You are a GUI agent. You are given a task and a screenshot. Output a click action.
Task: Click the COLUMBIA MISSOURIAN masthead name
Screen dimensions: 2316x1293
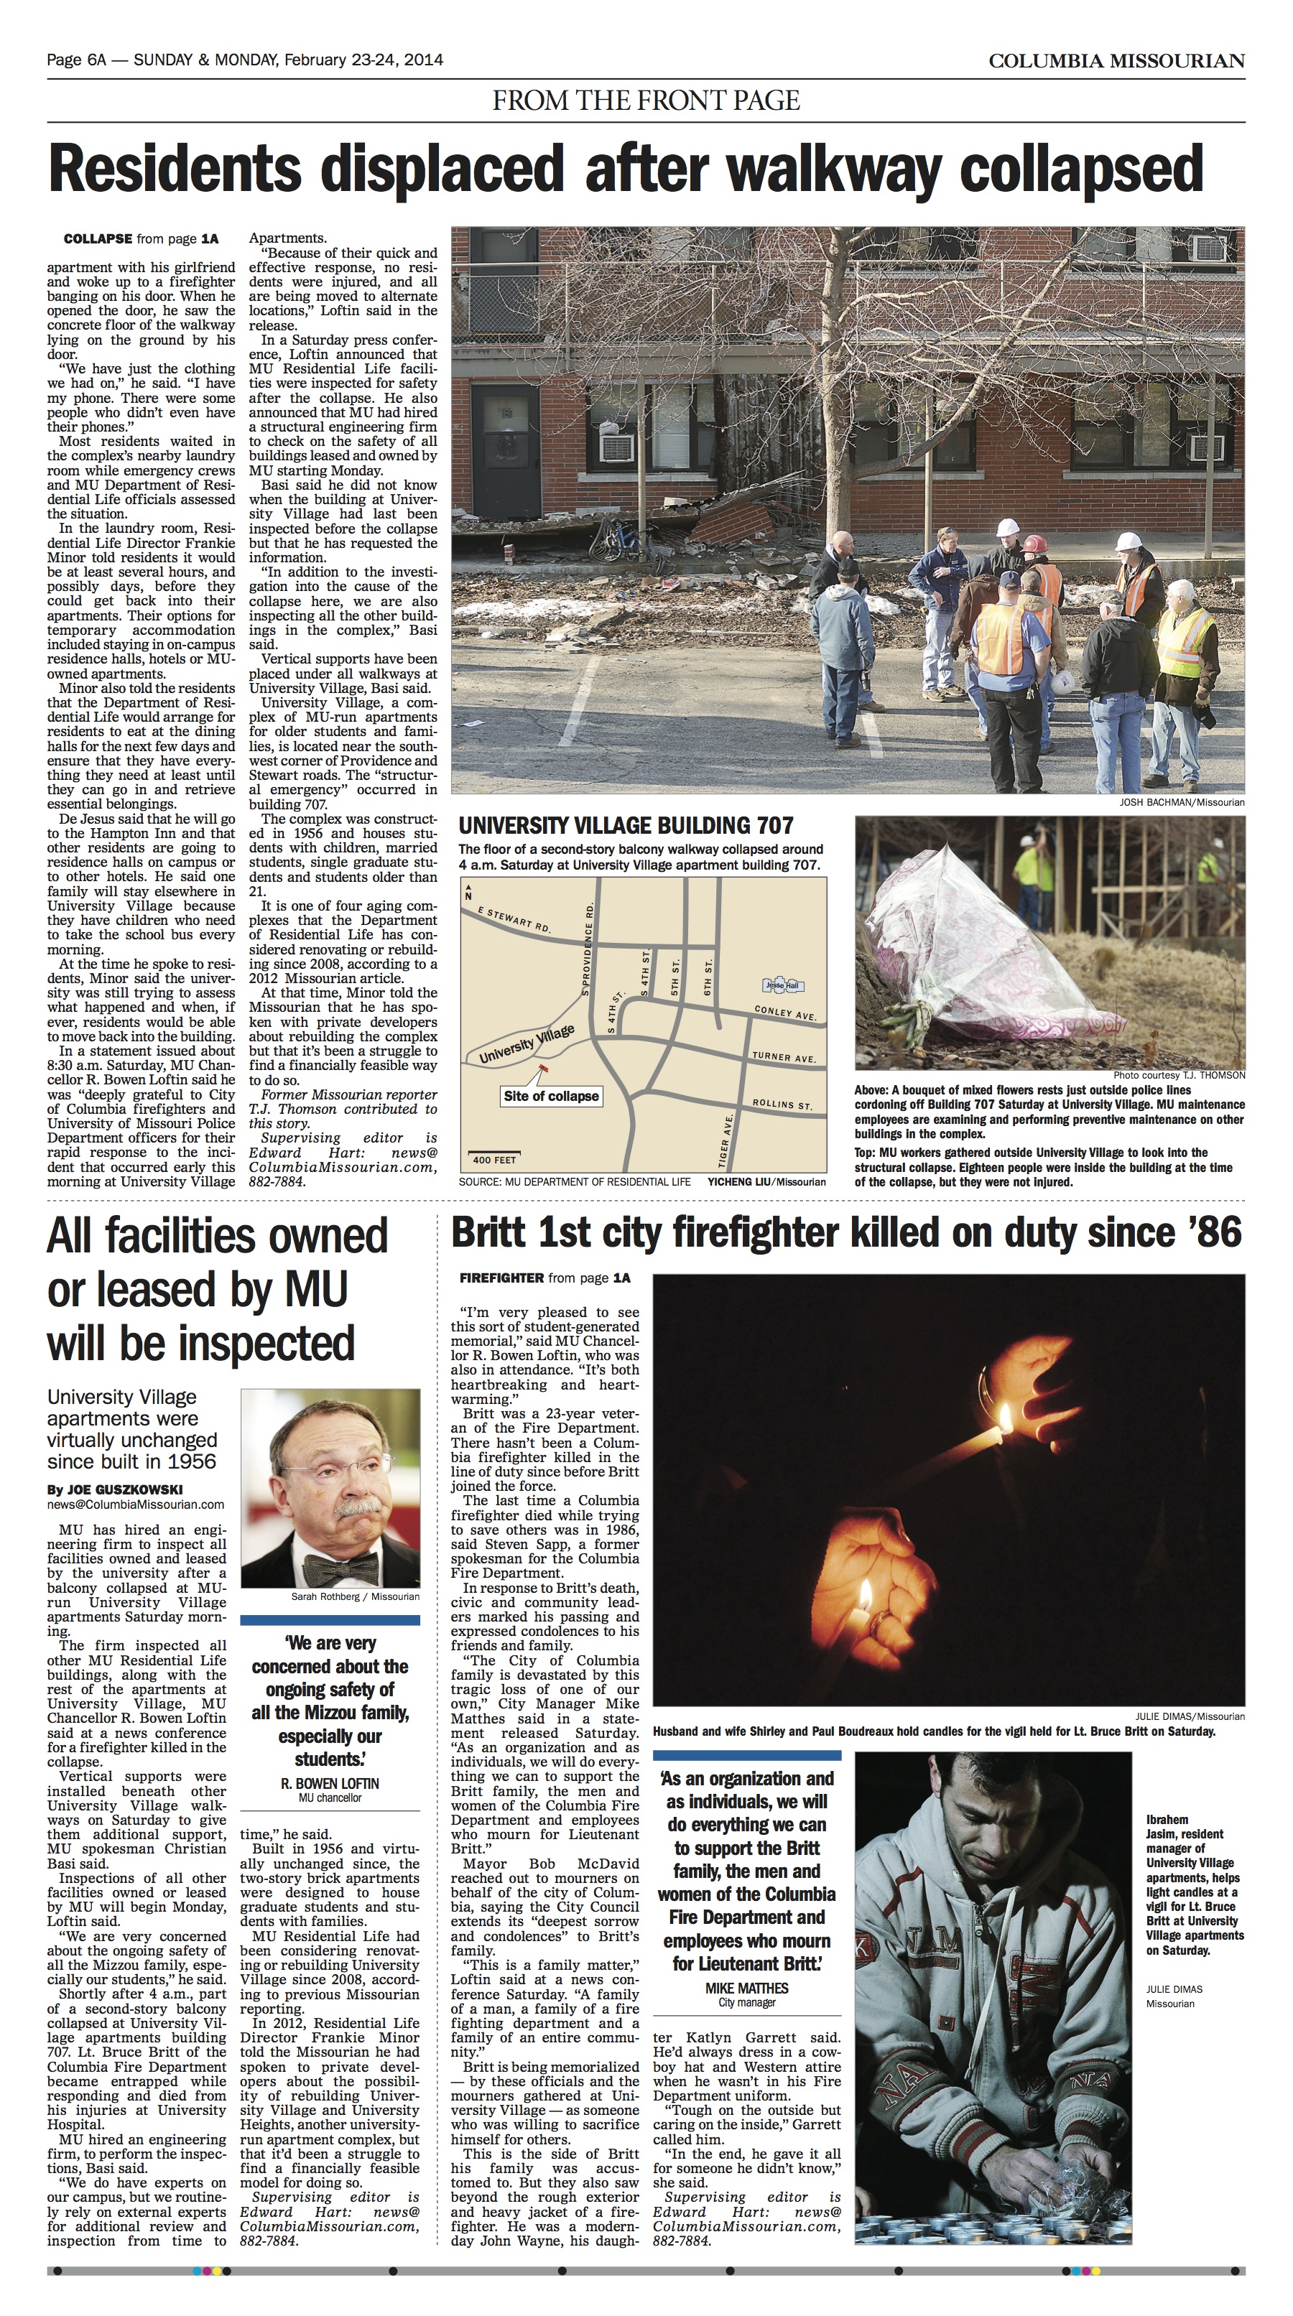(1116, 61)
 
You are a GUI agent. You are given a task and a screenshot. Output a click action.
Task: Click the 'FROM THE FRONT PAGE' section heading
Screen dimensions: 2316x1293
(646, 100)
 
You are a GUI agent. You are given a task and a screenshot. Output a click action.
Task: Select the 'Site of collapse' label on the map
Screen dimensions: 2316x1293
(550, 1096)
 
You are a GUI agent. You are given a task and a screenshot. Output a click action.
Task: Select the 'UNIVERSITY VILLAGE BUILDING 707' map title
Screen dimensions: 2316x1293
(626, 825)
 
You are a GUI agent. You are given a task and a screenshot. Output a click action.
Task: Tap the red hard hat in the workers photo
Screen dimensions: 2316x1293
(1035, 544)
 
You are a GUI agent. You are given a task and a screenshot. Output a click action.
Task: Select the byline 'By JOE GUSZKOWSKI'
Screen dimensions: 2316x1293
(114, 1489)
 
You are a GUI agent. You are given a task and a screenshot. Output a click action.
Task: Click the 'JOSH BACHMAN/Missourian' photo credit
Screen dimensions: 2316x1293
(1182, 802)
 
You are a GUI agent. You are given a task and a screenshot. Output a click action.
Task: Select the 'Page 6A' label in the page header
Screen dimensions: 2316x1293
(76, 60)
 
